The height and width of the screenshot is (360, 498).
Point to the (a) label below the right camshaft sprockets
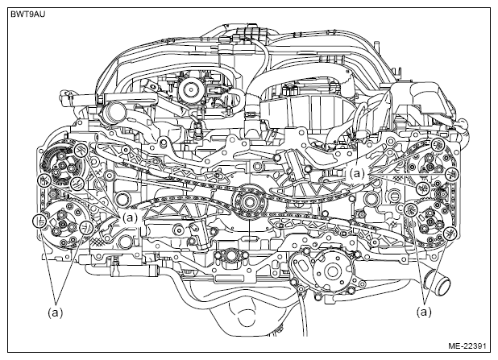coord(424,309)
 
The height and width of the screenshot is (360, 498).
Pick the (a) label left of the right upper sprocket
coord(358,172)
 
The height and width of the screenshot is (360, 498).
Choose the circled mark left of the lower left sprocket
coord(37,221)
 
